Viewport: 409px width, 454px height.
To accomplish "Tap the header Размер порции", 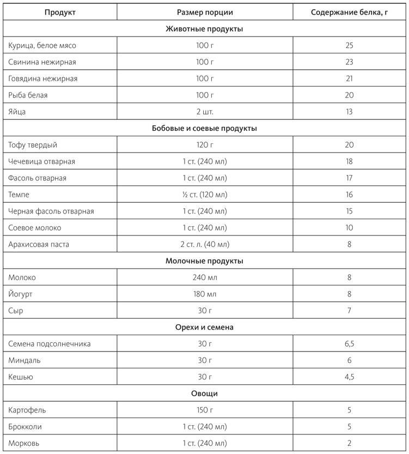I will (205, 12).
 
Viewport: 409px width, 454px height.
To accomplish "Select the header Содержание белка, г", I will (349, 12).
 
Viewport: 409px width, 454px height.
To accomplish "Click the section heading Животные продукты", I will (204, 29).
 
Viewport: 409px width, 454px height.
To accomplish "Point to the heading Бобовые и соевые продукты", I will (204, 129).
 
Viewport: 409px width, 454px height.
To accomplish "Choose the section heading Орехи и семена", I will (204, 327).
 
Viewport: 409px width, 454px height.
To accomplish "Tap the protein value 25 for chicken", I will (349, 45).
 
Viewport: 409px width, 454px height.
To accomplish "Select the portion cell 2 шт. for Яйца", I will (205, 112).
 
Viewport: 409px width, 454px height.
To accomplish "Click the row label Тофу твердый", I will (33, 145).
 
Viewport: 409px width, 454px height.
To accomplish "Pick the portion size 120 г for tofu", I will (205, 145).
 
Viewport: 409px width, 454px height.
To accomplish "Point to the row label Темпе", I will (19, 195).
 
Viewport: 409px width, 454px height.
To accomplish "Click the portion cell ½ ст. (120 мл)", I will (205, 195).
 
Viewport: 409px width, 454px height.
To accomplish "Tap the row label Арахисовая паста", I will (39, 244).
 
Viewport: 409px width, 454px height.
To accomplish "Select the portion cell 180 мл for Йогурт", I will (205, 294).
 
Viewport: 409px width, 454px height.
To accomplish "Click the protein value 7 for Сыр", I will (349, 311).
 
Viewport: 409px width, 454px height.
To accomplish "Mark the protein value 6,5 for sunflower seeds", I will (349, 344).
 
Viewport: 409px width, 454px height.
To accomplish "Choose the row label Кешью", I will (20, 377).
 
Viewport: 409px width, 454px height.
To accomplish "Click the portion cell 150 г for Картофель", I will (205, 410).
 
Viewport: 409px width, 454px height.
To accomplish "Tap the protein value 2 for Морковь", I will (349, 443).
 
